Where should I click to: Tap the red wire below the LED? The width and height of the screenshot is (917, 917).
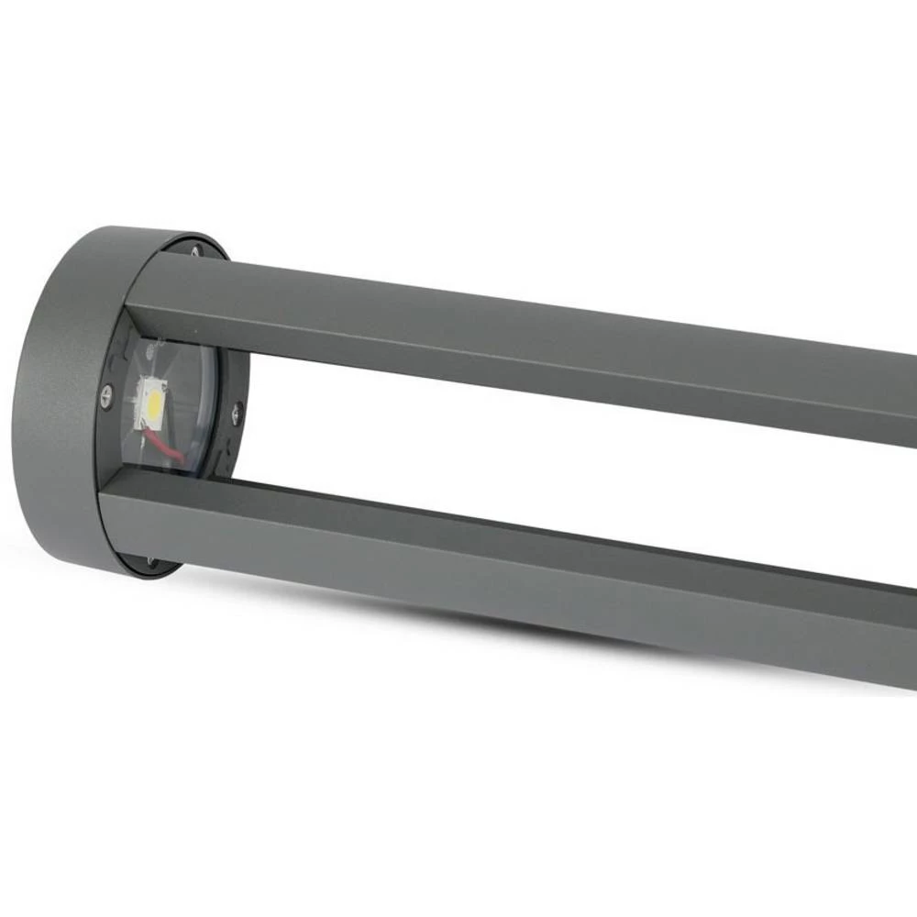click(167, 447)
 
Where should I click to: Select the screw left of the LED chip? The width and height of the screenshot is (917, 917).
click(106, 395)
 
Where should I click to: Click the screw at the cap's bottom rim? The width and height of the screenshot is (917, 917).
click(151, 561)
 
